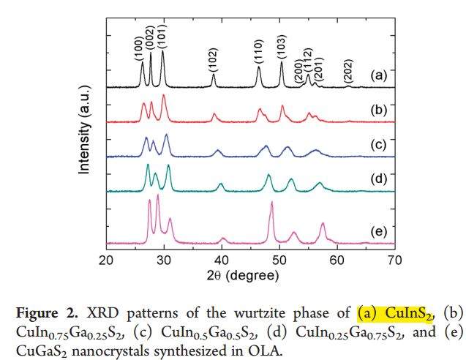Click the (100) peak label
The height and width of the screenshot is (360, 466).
click(138, 45)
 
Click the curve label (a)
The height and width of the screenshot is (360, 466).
click(378, 75)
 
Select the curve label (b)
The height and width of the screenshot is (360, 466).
click(378, 111)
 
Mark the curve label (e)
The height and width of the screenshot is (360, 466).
click(378, 232)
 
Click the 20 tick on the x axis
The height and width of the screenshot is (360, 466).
click(107, 260)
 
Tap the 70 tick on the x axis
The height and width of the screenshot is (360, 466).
click(394, 260)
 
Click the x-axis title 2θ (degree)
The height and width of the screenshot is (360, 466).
click(250, 277)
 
